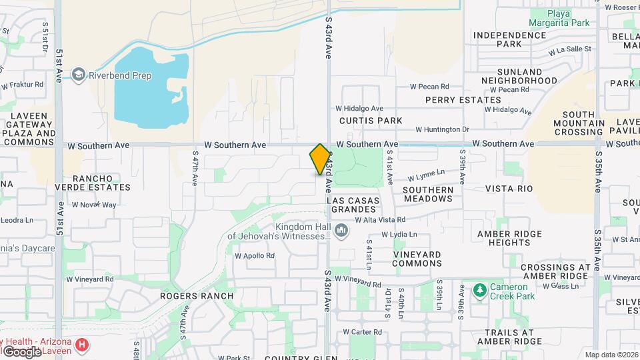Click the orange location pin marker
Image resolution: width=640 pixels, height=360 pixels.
[x=320, y=159]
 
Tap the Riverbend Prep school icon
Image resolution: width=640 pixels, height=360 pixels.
[x=79, y=75]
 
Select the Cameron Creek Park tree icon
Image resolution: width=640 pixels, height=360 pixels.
[x=479, y=291]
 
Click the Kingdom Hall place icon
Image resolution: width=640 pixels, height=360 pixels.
[x=341, y=231]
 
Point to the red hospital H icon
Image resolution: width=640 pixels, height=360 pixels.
[x=81, y=345]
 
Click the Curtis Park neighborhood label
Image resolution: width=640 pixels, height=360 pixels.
[x=370, y=121]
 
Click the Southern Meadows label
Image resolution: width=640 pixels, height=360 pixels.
[x=428, y=194]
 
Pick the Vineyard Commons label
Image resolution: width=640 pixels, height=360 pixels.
[x=417, y=259]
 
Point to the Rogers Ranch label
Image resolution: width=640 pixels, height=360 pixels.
[x=197, y=296]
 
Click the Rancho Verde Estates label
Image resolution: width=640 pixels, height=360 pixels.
[x=92, y=183]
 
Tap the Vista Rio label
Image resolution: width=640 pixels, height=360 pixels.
[x=509, y=189]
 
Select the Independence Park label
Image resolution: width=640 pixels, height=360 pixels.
[x=507, y=39]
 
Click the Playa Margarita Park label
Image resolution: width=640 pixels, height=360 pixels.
[x=560, y=18]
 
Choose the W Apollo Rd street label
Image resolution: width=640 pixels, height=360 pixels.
[x=255, y=255]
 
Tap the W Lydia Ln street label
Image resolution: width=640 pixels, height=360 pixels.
[x=399, y=235]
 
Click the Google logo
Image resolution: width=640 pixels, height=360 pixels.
[x=21, y=351]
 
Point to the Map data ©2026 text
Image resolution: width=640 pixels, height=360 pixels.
[x=610, y=355]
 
